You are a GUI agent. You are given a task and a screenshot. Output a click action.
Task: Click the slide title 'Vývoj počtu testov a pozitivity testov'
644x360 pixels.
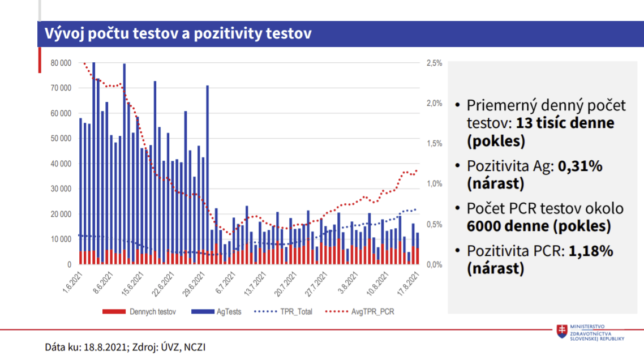click(x=178, y=33)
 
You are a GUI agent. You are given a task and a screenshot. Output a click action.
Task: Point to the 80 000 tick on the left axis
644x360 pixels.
click(x=61, y=63)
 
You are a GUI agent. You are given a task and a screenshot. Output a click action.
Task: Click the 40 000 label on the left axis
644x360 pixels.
click(x=61, y=164)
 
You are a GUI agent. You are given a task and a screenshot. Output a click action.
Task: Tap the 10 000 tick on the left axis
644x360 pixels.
click(x=61, y=239)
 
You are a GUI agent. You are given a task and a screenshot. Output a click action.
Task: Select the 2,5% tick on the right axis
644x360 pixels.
click(x=433, y=63)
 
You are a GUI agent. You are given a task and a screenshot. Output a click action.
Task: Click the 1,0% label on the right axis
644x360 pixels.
click(x=433, y=184)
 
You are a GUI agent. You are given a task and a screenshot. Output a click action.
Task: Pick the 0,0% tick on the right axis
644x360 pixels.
click(x=433, y=264)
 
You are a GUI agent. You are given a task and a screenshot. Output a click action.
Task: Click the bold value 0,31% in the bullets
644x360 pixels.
click(x=580, y=166)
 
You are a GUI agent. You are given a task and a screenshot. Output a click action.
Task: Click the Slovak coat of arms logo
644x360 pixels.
click(x=562, y=332)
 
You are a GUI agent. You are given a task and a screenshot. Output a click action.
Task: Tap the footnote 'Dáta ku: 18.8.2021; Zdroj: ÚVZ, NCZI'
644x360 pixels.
click(x=125, y=346)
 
